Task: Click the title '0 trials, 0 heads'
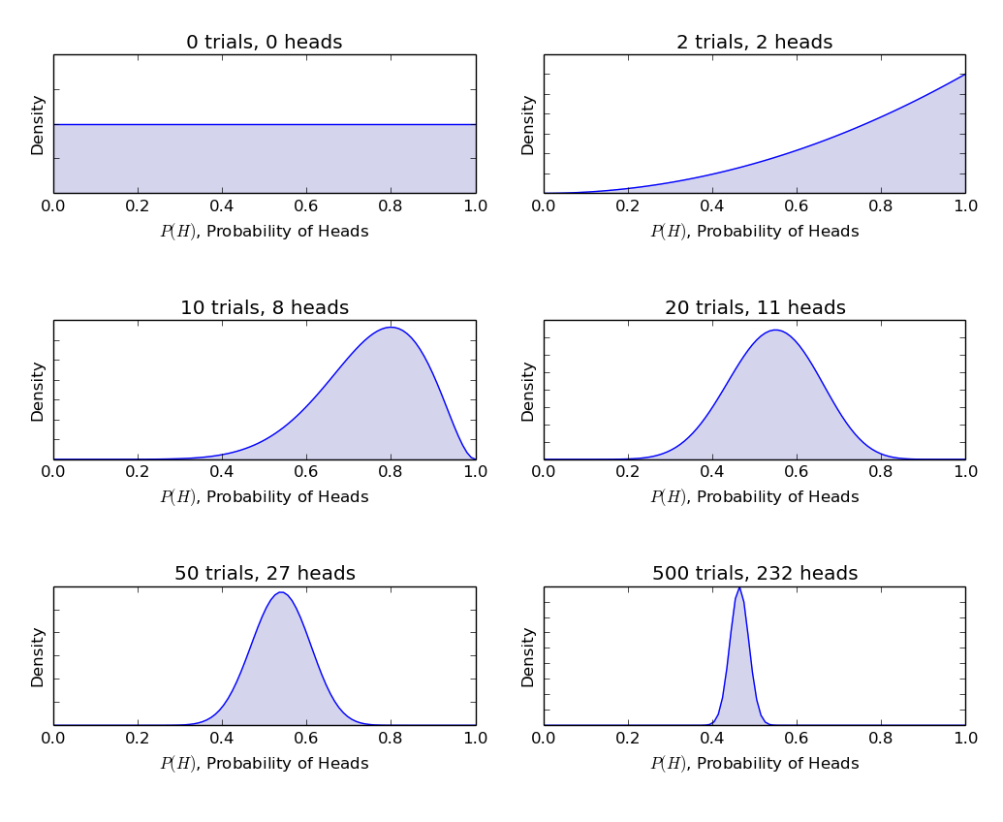click(x=264, y=43)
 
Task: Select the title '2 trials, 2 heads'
click(x=754, y=43)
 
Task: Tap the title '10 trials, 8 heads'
click(x=264, y=308)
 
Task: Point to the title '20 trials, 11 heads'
click(x=754, y=308)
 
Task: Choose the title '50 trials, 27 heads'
click(x=264, y=574)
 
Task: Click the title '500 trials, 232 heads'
click(x=754, y=574)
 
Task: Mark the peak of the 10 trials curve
click(x=391, y=328)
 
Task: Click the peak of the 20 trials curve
click(x=775, y=331)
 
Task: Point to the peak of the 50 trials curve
click(x=281, y=592)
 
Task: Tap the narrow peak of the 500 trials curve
click(x=738, y=588)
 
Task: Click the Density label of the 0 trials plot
click(x=38, y=124)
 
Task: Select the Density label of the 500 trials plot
click(x=528, y=656)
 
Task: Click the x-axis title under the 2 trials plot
click(x=754, y=232)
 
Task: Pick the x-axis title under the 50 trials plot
click(x=264, y=764)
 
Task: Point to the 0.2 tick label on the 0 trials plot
click(x=138, y=205)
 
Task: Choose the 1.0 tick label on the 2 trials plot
click(x=965, y=205)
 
